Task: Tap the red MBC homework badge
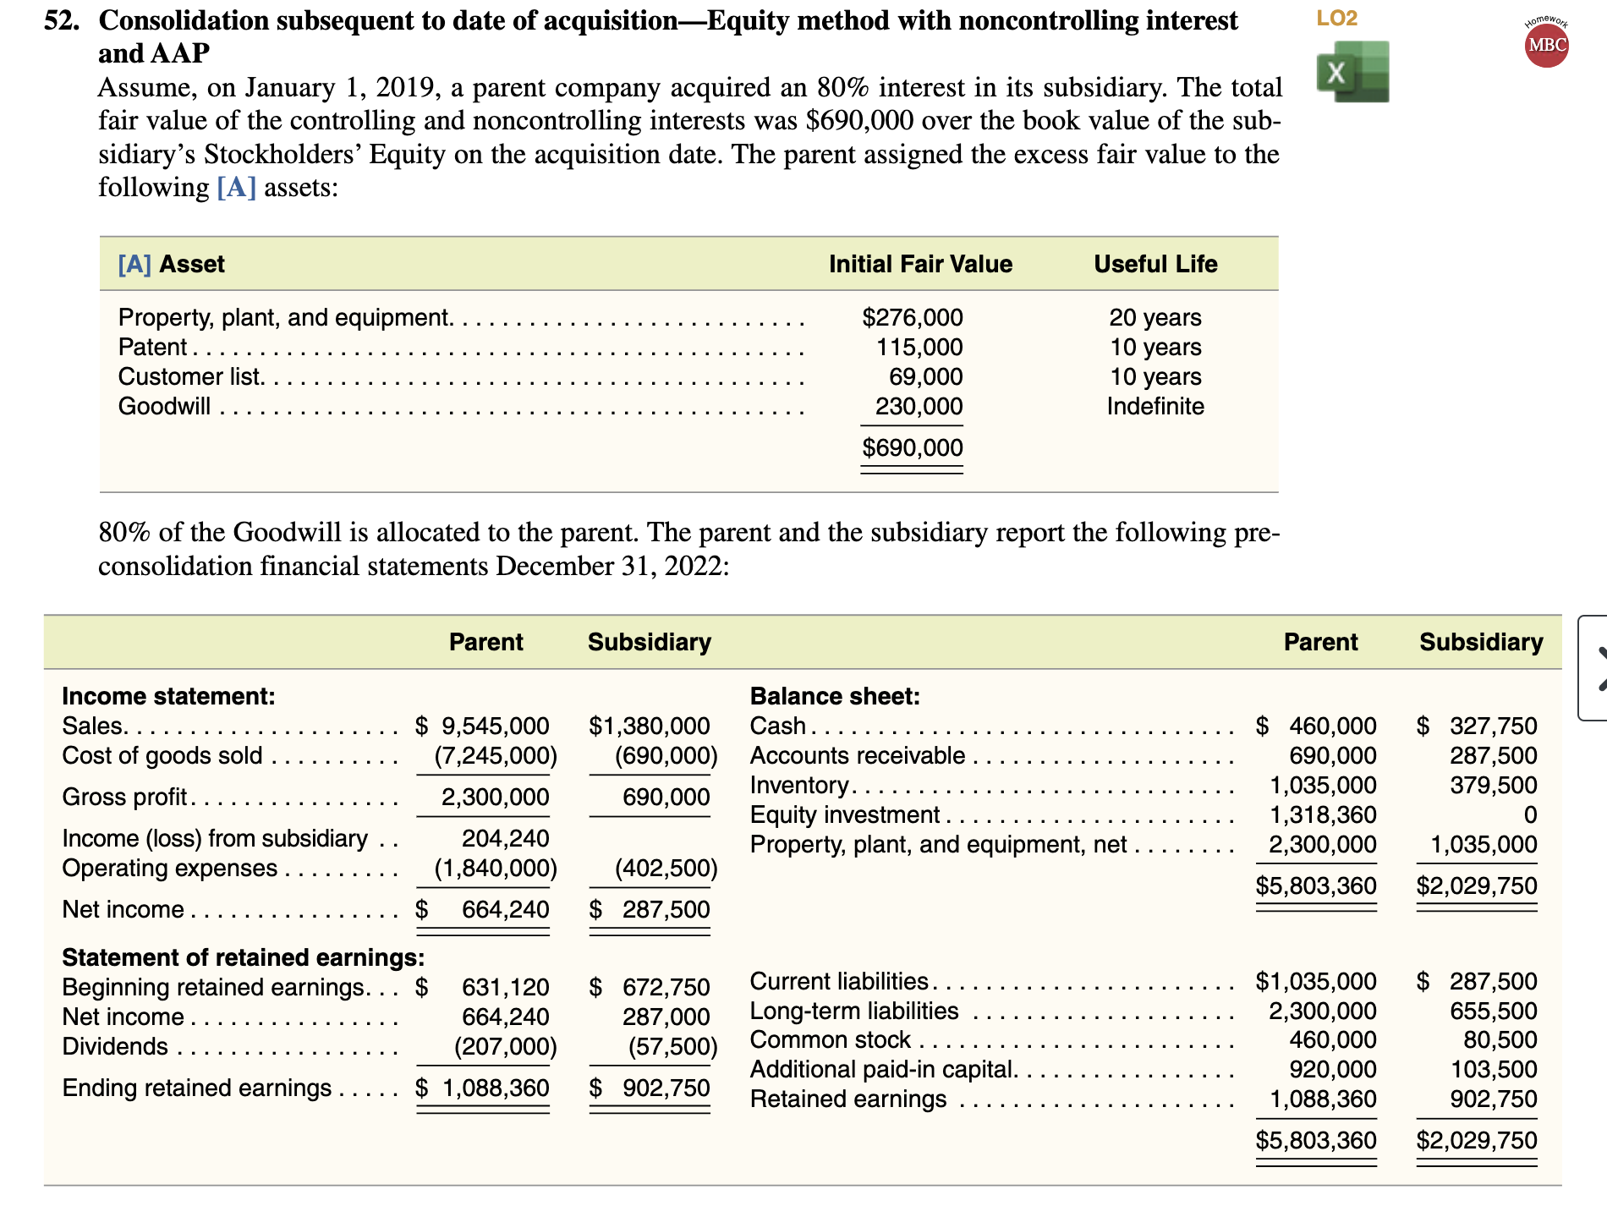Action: click(1546, 45)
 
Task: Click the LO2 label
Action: click(1336, 18)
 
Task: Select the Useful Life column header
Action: click(1155, 264)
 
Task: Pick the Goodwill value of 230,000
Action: click(919, 406)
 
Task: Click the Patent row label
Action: click(152, 347)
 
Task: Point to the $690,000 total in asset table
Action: click(912, 447)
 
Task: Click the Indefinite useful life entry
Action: click(1155, 406)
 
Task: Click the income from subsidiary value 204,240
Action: click(505, 838)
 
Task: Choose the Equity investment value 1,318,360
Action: click(1322, 814)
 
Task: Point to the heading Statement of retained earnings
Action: click(243, 957)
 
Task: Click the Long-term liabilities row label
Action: click(853, 1011)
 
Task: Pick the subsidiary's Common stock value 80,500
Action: click(1500, 1039)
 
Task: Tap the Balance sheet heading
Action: click(834, 696)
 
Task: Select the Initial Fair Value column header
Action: click(919, 264)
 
